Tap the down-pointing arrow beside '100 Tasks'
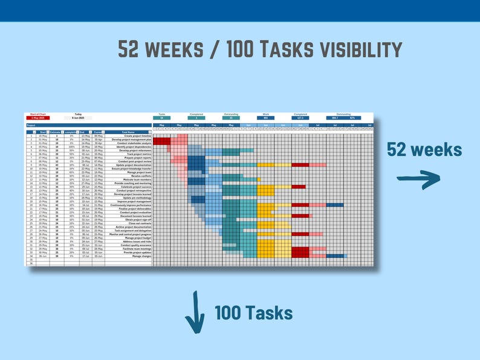pyautogui.click(x=195, y=312)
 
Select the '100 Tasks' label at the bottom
pyautogui.click(x=253, y=313)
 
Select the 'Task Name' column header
pyautogui.click(x=128, y=132)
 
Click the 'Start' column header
pyautogui.click(x=42, y=132)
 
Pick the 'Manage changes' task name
pyautogui.click(x=141, y=256)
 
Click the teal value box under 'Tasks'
pyautogui.click(x=162, y=118)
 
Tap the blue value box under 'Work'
pyautogui.click(x=265, y=118)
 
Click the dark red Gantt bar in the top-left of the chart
pyautogui.click(x=161, y=141)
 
